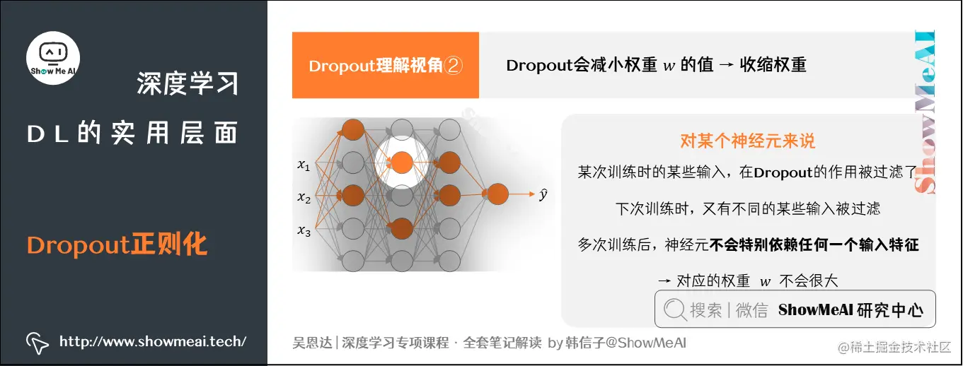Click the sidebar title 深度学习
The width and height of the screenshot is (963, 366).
pos(188,84)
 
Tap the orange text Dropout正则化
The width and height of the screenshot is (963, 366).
pos(117,245)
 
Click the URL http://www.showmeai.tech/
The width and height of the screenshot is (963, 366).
pos(153,341)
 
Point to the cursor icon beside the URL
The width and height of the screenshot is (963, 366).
pos(37,342)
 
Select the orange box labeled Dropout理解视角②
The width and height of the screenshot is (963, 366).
pos(386,66)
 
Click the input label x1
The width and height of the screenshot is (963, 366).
pos(304,166)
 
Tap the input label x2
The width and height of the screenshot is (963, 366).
pos(304,199)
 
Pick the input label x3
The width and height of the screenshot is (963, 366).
pos(304,230)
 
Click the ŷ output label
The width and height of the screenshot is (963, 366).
pos(543,194)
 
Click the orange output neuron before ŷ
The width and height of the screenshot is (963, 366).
pos(497,194)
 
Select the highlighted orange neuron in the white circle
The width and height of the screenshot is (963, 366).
pos(401,162)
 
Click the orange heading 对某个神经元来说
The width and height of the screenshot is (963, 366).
pos(747,141)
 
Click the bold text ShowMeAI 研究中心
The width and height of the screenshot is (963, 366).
pos(850,309)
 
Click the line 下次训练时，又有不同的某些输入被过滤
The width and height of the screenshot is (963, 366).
pos(748,208)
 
